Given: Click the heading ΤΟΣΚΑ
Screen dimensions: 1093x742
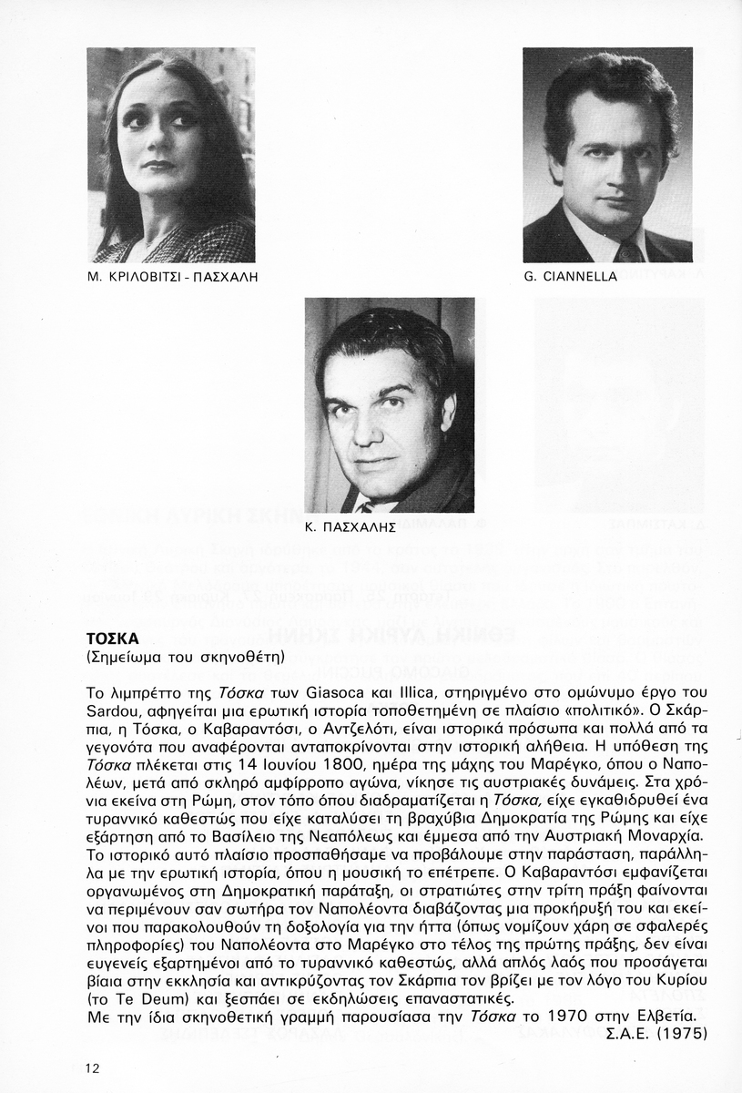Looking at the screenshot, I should (x=112, y=638).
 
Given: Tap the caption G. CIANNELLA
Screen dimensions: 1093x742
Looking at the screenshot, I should (x=571, y=276).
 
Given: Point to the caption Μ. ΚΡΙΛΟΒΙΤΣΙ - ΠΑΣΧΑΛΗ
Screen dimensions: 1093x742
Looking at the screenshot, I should (x=173, y=276).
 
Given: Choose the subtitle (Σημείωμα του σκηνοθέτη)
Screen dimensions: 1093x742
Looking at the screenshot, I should (x=185, y=656).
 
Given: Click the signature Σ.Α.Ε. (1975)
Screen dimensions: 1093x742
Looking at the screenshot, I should (x=656, y=1033).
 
